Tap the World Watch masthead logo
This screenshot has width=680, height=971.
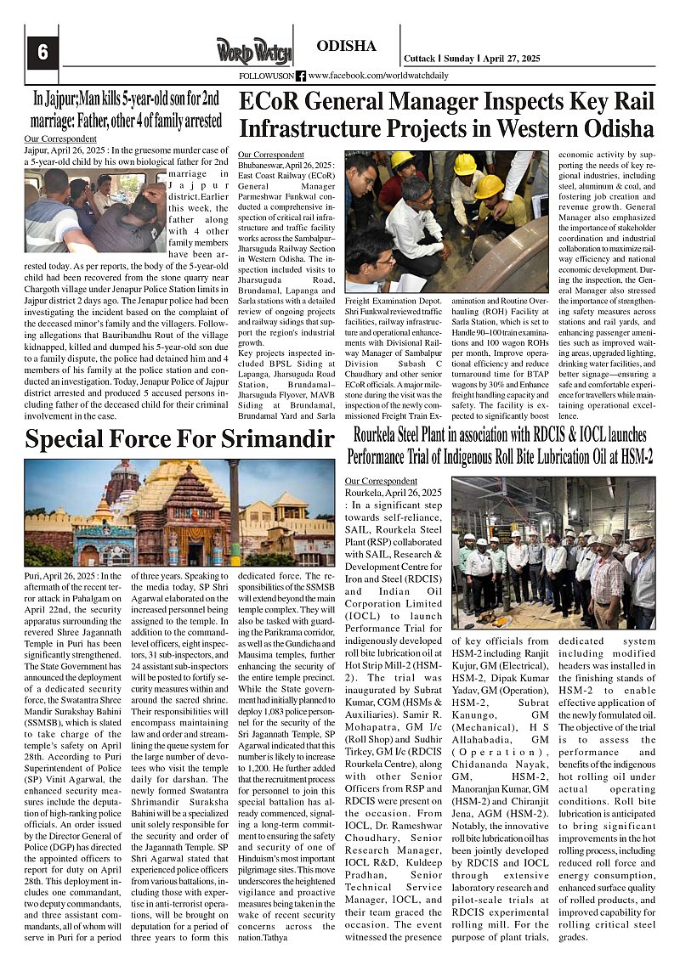252,51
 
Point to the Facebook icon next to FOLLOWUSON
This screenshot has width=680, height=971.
300,76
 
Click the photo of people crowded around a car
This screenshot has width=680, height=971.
95,211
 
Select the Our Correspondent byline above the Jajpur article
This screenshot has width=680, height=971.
60,138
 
